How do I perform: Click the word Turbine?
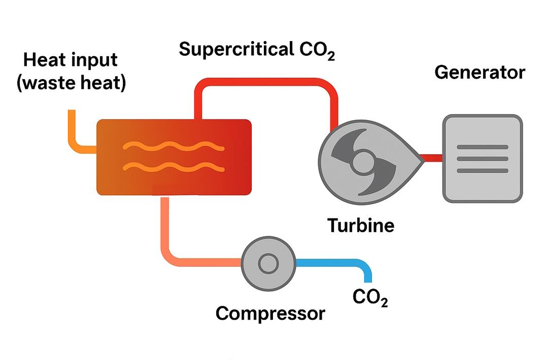(360, 225)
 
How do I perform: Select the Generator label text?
(479, 73)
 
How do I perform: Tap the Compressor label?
(270, 313)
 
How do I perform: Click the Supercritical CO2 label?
(257, 50)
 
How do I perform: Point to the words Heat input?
(71, 60)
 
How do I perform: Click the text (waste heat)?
(71, 83)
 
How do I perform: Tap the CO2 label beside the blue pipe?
(370, 298)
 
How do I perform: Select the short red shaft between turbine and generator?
(433, 158)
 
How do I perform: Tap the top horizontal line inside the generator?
(482, 147)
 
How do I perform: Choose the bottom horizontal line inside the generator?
(482, 170)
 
